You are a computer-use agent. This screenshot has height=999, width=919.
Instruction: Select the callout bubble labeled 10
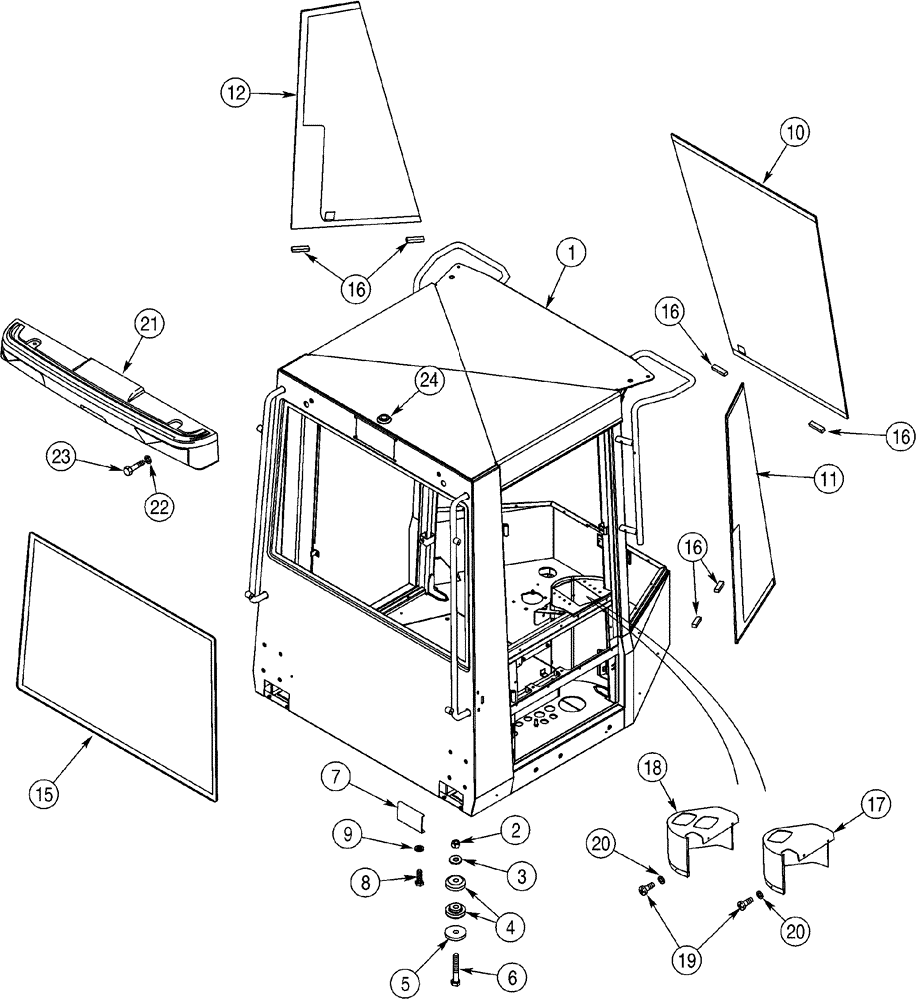[797, 131]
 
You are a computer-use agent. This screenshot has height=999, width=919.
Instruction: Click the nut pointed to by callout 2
[455, 842]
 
